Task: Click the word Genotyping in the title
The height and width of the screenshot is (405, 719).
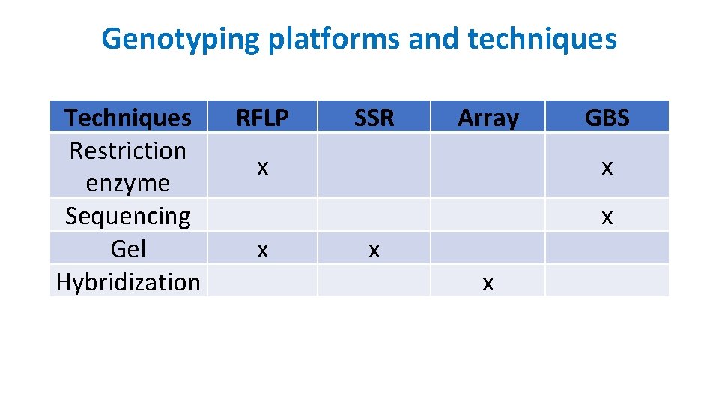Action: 181,39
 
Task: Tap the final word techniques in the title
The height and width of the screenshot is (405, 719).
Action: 541,39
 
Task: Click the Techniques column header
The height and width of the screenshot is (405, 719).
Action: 128,118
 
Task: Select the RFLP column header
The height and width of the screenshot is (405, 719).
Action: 262,118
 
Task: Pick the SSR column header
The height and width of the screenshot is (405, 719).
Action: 374,118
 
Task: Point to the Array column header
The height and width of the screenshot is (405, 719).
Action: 488,118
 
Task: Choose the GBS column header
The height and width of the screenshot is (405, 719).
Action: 607,118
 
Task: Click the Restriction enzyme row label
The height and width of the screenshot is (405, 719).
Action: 128,166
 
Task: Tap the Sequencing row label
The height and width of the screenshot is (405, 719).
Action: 128,216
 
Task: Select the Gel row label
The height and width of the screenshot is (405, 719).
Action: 128,249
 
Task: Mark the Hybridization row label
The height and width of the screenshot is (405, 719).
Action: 128,282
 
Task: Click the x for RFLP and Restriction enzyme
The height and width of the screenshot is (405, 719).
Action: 262,167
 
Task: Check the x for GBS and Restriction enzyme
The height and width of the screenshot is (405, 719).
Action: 607,167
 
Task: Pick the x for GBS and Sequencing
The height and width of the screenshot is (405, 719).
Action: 607,217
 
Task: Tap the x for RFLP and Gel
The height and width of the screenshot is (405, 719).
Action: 262,250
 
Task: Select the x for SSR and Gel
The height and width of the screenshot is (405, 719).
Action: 374,250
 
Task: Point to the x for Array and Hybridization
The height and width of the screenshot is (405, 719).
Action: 488,283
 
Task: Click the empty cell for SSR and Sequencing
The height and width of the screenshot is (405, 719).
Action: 374,215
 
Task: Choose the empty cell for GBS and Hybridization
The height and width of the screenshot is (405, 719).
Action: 607,280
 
